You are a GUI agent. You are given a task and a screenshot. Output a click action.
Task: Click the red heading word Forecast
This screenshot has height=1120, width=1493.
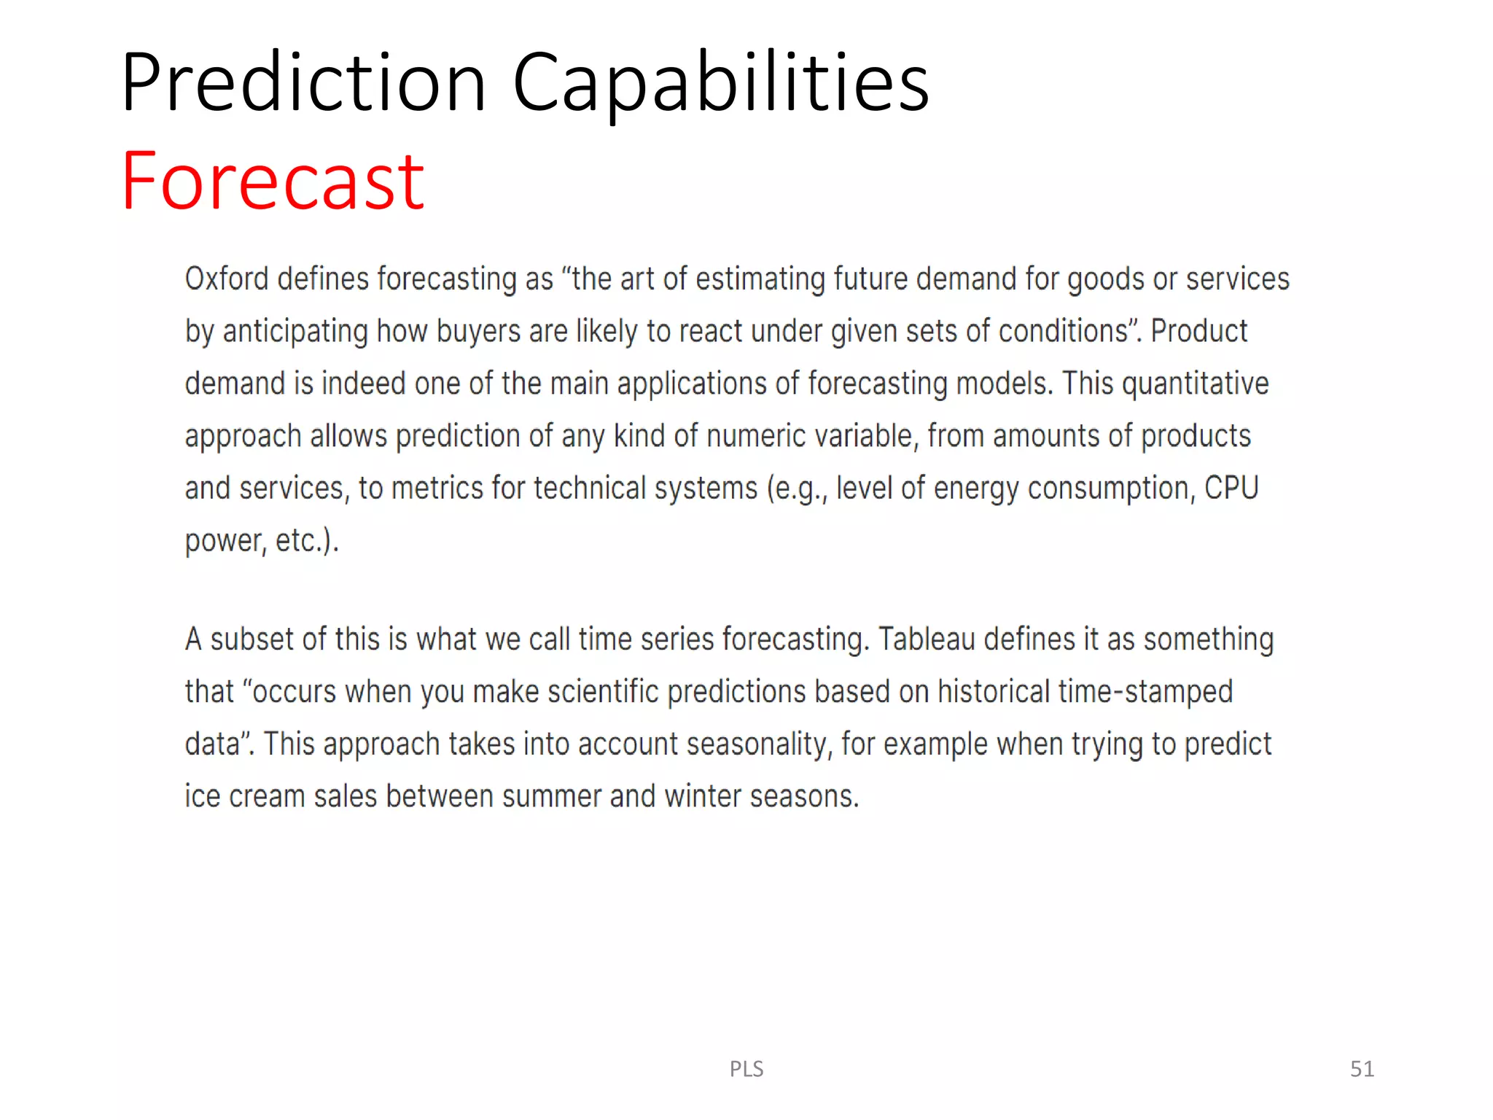[x=272, y=181]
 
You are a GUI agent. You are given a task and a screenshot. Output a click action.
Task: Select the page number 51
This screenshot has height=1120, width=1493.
[x=1362, y=1068]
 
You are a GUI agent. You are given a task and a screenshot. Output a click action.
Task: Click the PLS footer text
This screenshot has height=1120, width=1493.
[x=746, y=1068]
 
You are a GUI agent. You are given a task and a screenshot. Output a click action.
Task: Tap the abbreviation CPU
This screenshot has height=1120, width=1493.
[x=1231, y=488]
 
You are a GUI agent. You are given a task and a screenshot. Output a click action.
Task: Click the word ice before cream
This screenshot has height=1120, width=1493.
[x=202, y=796]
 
